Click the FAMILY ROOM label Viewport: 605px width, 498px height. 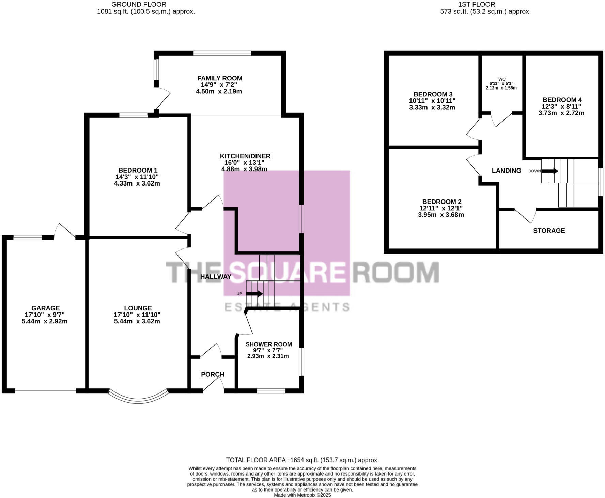[219, 78]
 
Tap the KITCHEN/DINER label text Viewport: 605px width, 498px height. [245, 156]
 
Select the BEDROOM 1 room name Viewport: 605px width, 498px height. [138, 170]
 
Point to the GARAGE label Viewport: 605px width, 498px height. [45, 308]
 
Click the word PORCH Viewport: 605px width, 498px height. [213, 374]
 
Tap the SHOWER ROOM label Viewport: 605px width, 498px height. [268, 344]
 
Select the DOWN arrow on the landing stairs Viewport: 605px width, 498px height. [550, 171]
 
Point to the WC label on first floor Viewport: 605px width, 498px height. [501, 79]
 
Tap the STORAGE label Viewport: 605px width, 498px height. [549, 231]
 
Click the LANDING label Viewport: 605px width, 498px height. [506, 171]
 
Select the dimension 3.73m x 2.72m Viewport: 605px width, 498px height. [561, 113]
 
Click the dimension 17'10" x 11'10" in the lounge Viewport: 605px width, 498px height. [137, 315]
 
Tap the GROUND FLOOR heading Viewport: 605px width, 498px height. [139, 4]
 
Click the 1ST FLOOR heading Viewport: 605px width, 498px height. [477, 4]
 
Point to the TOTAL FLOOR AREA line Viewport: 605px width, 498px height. [302, 460]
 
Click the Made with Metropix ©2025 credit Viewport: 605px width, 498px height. [302, 495]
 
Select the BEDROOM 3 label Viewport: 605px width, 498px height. [433, 94]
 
